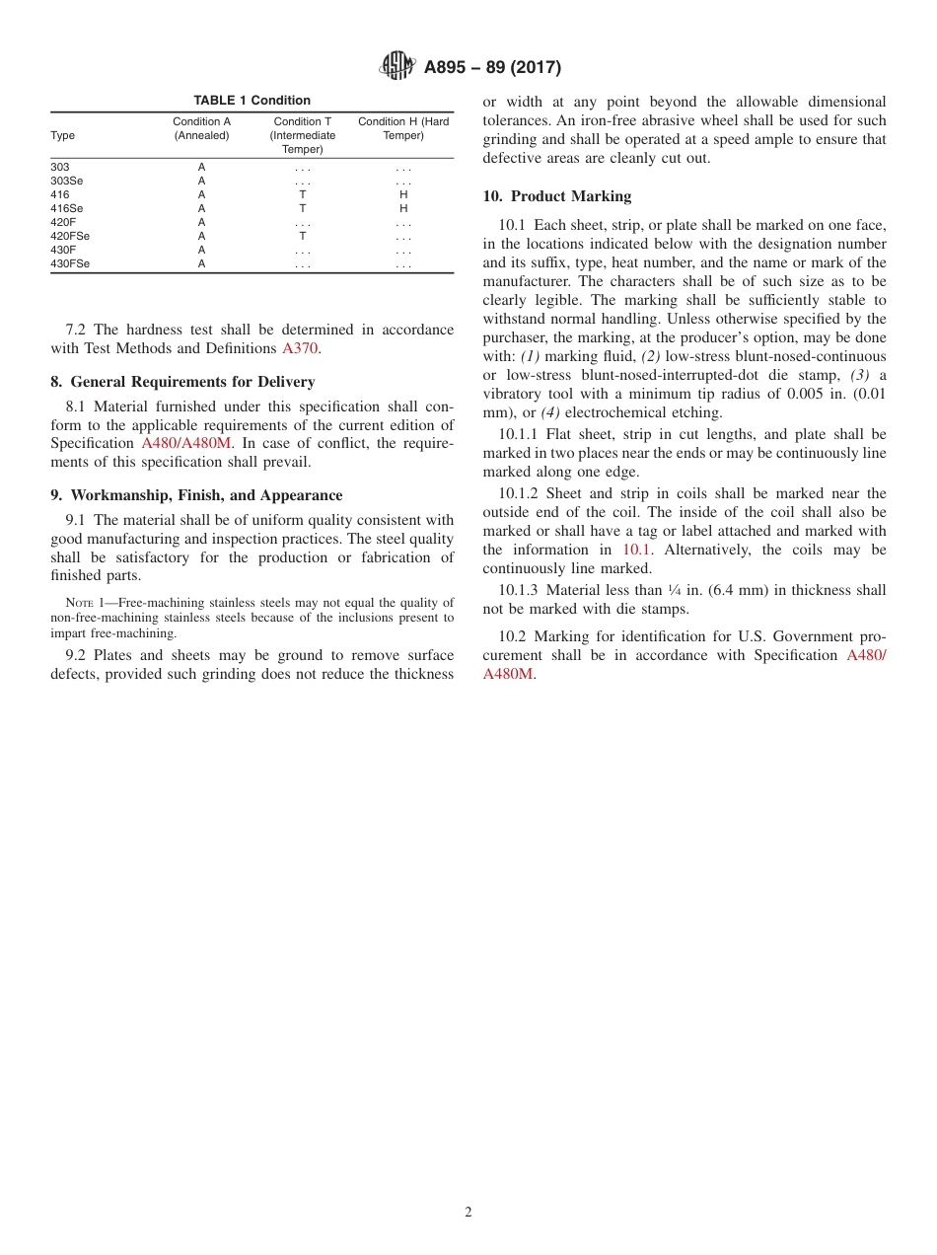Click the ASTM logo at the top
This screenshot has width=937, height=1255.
[x=397, y=67]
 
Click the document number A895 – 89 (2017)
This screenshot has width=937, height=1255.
[x=492, y=68]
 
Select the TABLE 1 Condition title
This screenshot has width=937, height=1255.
[x=252, y=101]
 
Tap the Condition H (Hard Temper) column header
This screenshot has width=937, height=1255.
[x=402, y=128]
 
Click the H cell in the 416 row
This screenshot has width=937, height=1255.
[x=402, y=195]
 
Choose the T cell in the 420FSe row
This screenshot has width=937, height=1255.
[x=302, y=237]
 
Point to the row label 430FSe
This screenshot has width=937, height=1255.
[x=70, y=264]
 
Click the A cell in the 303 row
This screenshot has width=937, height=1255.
[x=201, y=168]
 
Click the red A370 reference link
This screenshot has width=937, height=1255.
[x=300, y=348]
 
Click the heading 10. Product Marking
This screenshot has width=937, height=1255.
[x=557, y=196]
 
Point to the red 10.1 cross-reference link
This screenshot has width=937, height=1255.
[x=635, y=550]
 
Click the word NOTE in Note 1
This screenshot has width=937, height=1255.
[x=79, y=603]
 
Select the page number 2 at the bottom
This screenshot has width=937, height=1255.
[x=468, y=1213]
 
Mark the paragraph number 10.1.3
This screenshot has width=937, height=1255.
[x=519, y=590]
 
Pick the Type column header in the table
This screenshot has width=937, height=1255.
[x=62, y=136]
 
